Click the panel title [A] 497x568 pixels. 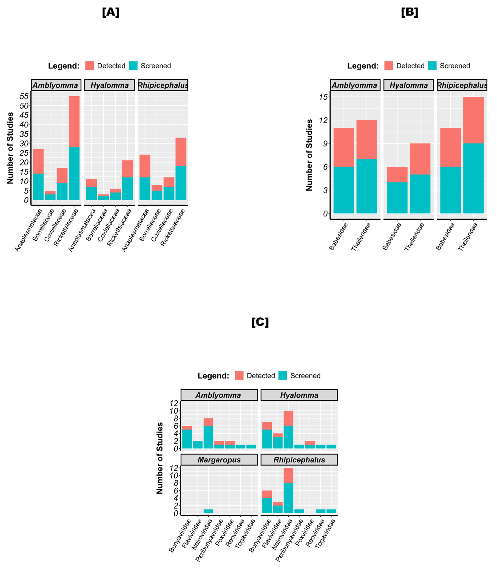click(x=111, y=12)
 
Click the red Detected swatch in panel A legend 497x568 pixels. click(x=90, y=66)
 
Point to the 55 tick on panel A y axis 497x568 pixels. click(x=24, y=96)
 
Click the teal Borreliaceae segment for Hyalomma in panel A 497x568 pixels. click(x=103, y=198)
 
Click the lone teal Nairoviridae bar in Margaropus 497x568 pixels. click(x=208, y=511)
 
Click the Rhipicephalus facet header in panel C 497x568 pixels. click(x=299, y=460)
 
